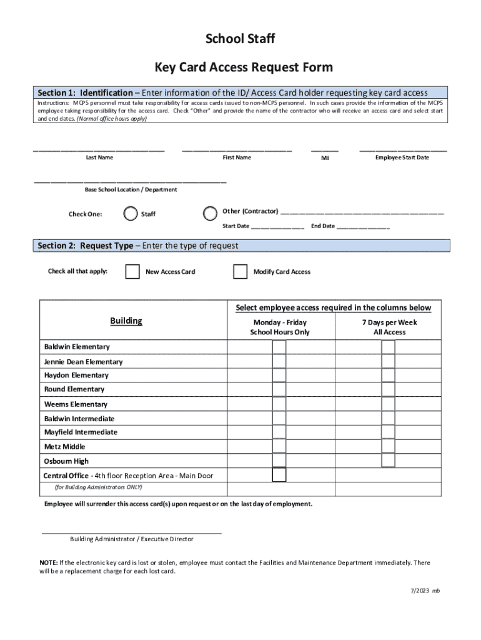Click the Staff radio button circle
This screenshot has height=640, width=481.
pyautogui.click(x=131, y=214)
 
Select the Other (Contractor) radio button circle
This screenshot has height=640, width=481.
pyautogui.click(x=211, y=214)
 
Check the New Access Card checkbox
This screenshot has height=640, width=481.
pyautogui.click(x=132, y=271)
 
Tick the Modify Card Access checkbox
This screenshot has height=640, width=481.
pyautogui.click(x=240, y=271)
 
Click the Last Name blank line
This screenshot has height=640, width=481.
pyautogui.click(x=99, y=150)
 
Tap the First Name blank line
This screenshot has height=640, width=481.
pyautogui.click(x=237, y=150)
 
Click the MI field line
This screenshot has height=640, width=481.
pyautogui.click(x=325, y=150)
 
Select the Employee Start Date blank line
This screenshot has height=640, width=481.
pyautogui.click(x=402, y=150)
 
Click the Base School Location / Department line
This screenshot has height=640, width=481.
pyautogui.click(x=130, y=182)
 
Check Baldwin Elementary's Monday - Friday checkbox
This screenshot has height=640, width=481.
pyautogui.click(x=279, y=347)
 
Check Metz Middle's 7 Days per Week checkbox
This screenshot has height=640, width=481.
pyautogui.click(x=389, y=446)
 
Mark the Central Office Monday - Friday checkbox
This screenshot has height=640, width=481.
pyautogui.click(x=279, y=475)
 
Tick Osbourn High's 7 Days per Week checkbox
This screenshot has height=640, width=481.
pyautogui.click(x=389, y=461)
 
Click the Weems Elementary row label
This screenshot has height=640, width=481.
pyautogui.click(x=76, y=404)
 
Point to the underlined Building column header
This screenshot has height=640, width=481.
pyautogui.click(x=126, y=321)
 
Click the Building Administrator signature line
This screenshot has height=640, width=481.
pyautogui.click(x=131, y=532)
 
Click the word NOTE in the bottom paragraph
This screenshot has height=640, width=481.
pyautogui.click(x=49, y=562)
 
